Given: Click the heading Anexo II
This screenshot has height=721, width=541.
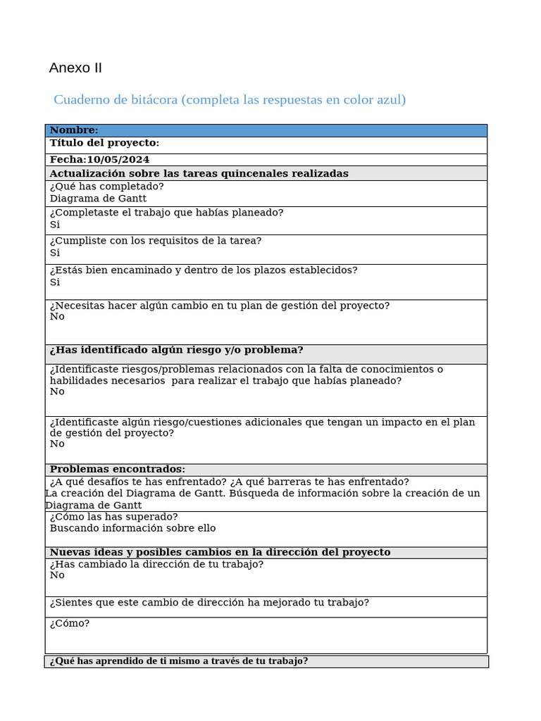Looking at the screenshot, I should coord(75,68).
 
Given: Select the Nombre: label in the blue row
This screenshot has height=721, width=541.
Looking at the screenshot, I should coord(74,130).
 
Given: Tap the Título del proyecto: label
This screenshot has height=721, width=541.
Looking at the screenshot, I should coord(104,143).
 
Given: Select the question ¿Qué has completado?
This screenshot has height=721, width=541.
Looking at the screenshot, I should coord(106,187).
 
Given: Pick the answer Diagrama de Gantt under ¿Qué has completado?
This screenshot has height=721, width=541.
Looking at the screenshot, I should coord(98,199).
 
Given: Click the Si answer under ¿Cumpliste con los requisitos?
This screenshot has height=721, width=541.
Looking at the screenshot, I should coord(55,253).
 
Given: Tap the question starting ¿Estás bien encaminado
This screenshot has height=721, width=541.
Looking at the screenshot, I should coord(203,270).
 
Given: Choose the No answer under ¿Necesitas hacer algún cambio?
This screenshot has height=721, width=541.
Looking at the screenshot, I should coord(57,317).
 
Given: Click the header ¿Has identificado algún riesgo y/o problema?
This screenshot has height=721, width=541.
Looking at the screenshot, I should coord(176,350).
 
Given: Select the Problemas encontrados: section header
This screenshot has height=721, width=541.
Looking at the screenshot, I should coord(117,469).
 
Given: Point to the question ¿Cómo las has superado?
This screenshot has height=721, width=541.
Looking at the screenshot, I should coord(113,517).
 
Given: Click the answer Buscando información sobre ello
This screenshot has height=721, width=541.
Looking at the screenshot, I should coord(132,528).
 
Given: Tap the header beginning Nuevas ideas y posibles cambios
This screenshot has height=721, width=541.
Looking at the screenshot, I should coord(219,552).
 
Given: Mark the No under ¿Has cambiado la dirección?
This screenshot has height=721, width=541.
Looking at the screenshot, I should coord(57,575).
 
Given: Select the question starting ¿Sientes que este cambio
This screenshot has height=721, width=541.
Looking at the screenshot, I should coord(209,603).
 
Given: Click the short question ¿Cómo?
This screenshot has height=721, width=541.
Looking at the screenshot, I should coord(69,623).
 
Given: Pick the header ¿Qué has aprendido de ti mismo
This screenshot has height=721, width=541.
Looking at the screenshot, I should coord(178,661).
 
